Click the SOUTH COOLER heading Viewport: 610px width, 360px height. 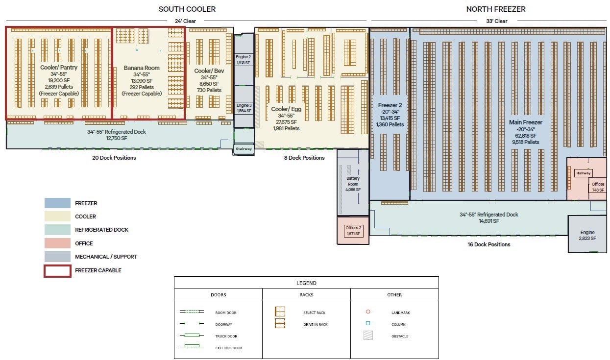187,9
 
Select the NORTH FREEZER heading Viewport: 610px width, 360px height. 496,9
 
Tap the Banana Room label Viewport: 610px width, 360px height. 142,68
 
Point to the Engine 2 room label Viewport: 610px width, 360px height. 244,57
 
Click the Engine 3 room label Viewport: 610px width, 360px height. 244,105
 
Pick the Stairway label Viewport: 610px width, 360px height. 244,148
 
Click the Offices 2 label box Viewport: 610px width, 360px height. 353,230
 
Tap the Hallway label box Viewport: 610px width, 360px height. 584,173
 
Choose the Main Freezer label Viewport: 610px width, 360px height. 525,122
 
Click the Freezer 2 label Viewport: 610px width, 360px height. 390,105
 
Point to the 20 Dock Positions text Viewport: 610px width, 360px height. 114,158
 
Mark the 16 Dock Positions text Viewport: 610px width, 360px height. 488,244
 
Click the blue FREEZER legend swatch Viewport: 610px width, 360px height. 57,203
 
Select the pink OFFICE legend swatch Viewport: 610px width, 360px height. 57,243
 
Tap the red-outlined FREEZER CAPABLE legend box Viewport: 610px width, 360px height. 57,270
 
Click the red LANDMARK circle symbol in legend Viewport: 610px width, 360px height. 368,312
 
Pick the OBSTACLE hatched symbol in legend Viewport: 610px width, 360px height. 368,336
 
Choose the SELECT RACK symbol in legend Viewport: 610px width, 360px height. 280,312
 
